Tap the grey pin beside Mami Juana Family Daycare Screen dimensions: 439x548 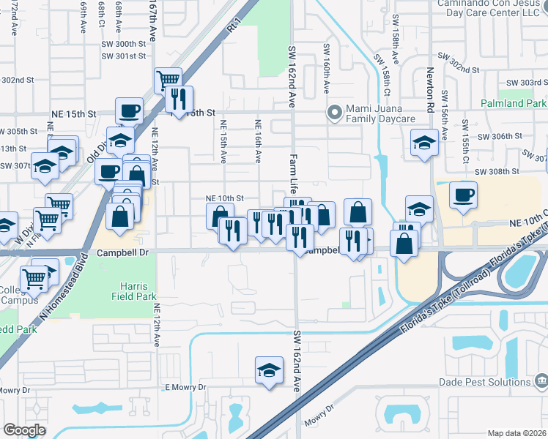[x=335, y=113]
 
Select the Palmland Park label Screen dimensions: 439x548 [x=514, y=104]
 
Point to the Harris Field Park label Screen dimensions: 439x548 [x=130, y=292]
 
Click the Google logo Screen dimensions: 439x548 [x=25, y=430]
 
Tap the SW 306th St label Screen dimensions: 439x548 [x=499, y=136]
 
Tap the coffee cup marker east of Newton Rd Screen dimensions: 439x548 [x=462, y=195]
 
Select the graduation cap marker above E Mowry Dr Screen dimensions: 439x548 [x=269, y=370]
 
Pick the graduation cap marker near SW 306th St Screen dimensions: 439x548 [x=424, y=143]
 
